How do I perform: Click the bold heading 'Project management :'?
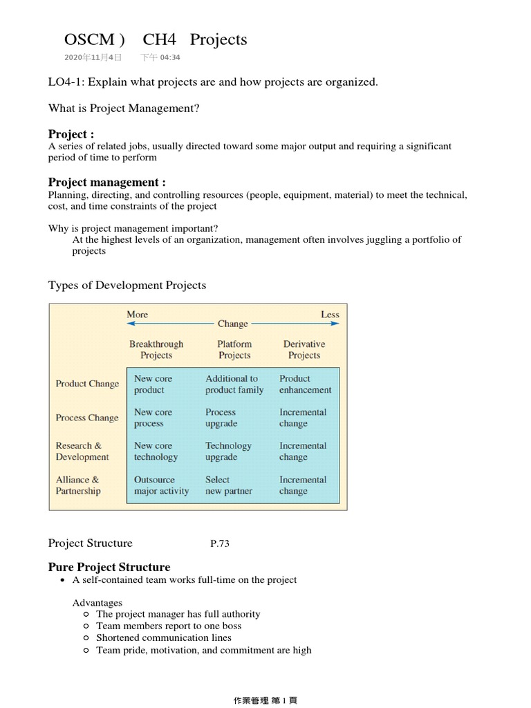[x=106, y=183]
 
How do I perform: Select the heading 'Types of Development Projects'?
[x=127, y=286]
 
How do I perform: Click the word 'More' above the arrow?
[x=137, y=315]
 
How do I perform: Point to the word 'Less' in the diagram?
[x=330, y=315]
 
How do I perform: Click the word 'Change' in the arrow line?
[x=232, y=324]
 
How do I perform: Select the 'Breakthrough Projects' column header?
[x=156, y=350]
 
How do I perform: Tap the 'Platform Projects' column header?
[x=234, y=350]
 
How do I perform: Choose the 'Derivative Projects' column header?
[x=304, y=350]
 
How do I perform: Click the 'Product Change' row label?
[x=87, y=384]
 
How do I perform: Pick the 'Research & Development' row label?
[x=82, y=451]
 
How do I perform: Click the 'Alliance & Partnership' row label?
[x=78, y=485]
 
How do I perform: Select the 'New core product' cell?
[x=153, y=384]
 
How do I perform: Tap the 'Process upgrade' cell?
[x=221, y=418]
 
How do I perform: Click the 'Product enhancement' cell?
[x=305, y=384]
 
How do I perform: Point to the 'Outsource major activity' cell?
[x=161, y=485]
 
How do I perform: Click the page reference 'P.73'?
[x=219, y=544]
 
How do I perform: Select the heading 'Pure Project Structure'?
[x=109, y=567]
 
